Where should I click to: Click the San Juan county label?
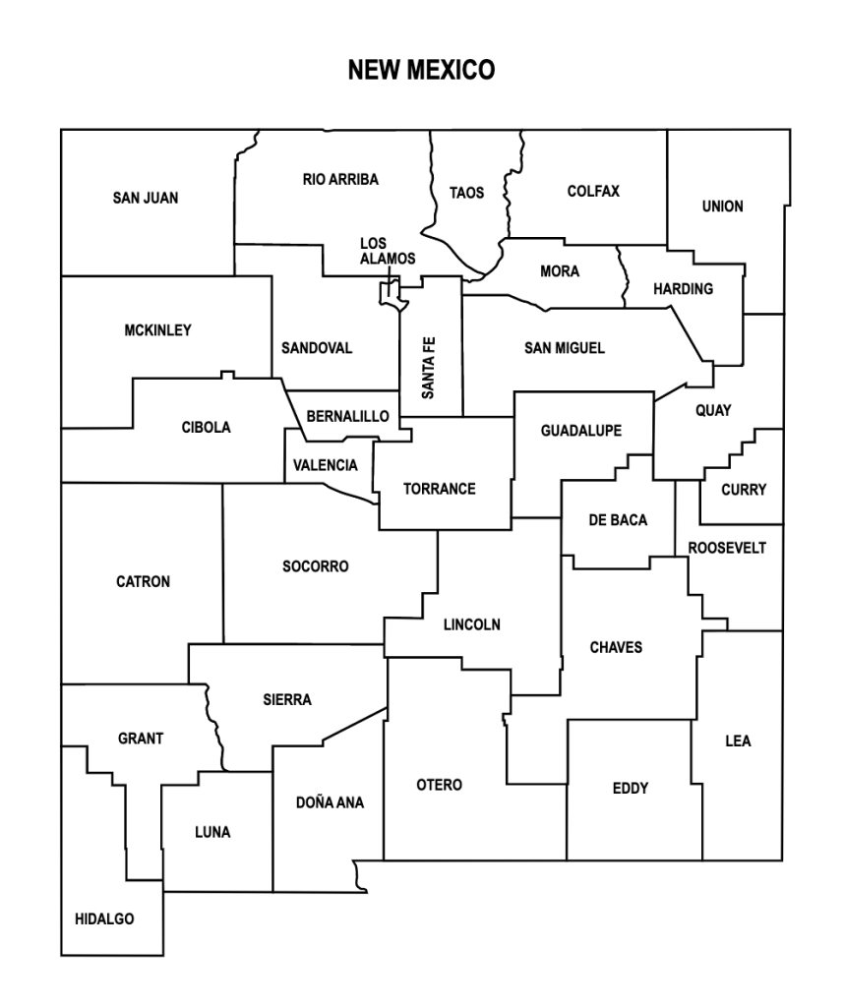pyautogui.click(x=146, y=198)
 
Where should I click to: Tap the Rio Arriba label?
pyautogui.click(x=340, y=179)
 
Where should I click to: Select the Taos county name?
pyautogui.click(x=466, y=193)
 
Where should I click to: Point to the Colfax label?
pyautogui.click(x=593, y=191)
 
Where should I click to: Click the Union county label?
pyautogui.click(x=722, y=207)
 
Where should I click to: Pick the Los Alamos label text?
pyautogui.click(x=387, y=251)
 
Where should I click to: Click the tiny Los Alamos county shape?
pyautogui.click(x=392, y=293)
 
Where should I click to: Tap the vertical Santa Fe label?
pyautogui.click(x=429, y=368)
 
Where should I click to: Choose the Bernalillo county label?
pyautogui.click(x=347, y=417)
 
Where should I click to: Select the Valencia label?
pyautogui.click(x=326, y=465)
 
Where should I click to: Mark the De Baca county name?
pyautogui.click(x=618, y=520)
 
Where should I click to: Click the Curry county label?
pyautogui.click(x=743, y=490)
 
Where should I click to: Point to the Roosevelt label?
pyautogui.click(x=726, y=548)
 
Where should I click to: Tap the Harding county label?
pyautogui.click(x=683, y=289)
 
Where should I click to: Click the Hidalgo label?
pyautogui.click(x=104, y=919)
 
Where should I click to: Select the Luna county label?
pyautogui.click(x=212, y=832)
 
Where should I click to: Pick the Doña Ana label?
pyautogui.click(x=330, y=802)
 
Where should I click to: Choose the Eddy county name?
pyautogui.click(x=630, y=788)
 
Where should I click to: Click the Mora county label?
pyautogui.click(x=560, y=271)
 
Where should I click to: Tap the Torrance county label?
pyautogui.click(x=439, y=489)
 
